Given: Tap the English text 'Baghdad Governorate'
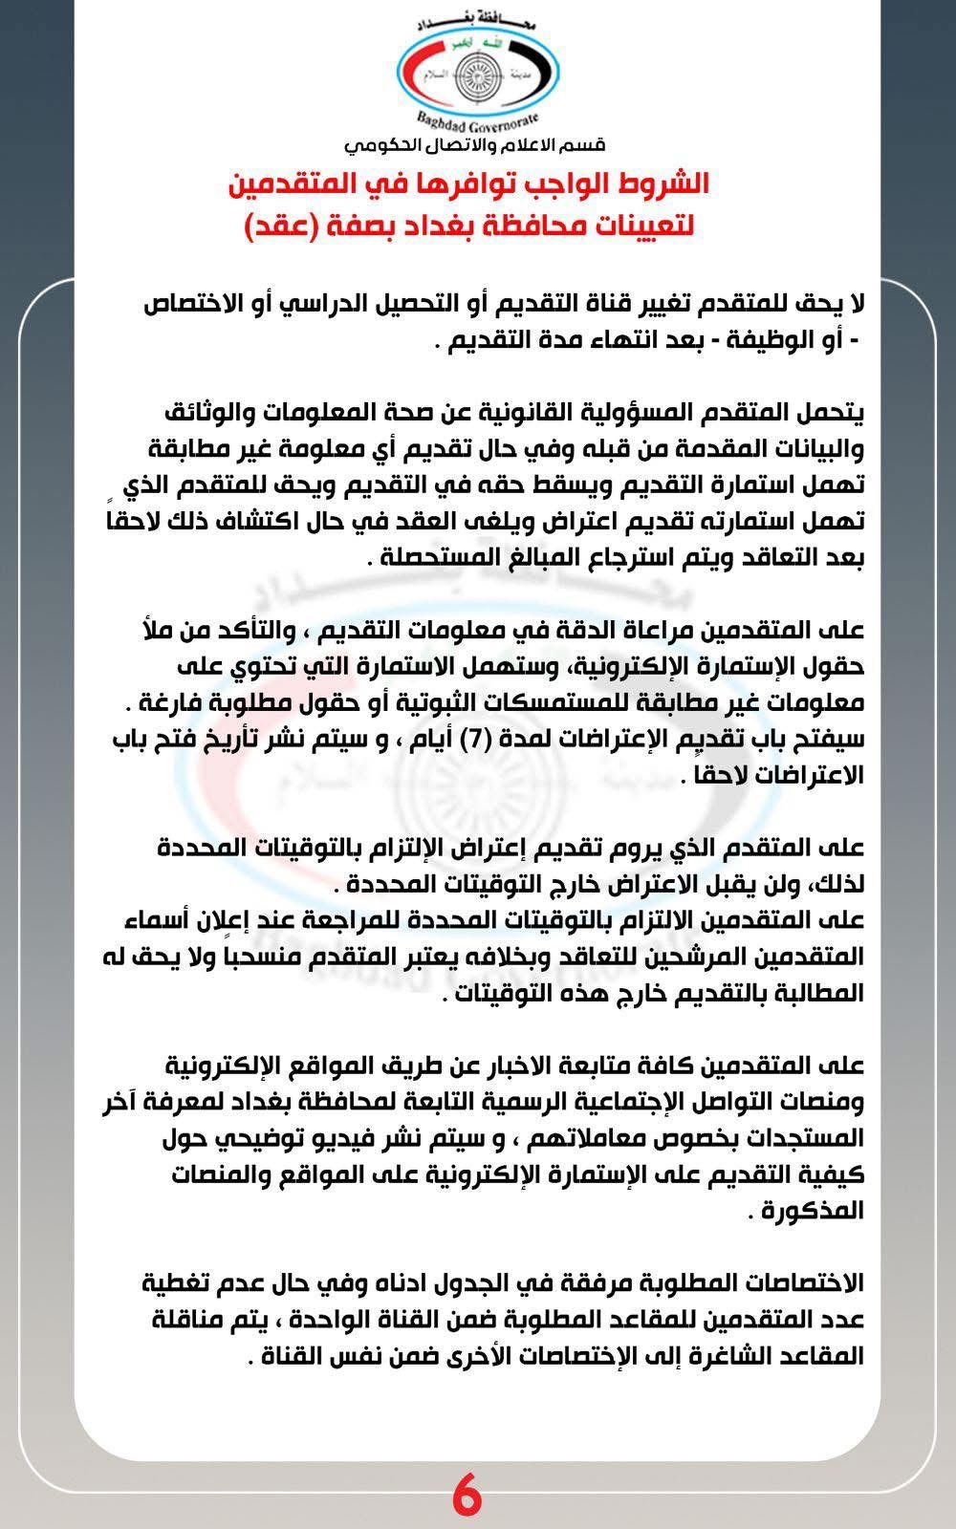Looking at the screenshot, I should coord(479,122).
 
